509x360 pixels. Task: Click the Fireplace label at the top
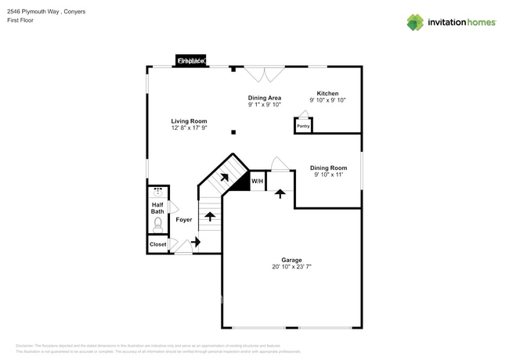[190, 60]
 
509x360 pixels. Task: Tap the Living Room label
[189, 121]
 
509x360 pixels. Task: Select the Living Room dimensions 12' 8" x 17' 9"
[189, 128]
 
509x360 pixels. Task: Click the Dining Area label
[265, 98]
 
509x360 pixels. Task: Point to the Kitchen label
[327, 93]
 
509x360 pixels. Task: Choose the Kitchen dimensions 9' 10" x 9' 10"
[327, 100]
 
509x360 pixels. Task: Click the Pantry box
[303, 125]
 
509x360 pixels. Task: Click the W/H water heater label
[257, 182]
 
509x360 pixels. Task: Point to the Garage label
[291, 260]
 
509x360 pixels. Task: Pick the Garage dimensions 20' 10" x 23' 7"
[291, 267]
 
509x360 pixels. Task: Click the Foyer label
[184, 220]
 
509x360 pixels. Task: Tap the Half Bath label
[157, 208]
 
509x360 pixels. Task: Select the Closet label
[157, 244]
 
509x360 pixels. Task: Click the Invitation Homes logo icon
[415, 22]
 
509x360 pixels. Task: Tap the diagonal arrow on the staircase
[224, 178]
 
